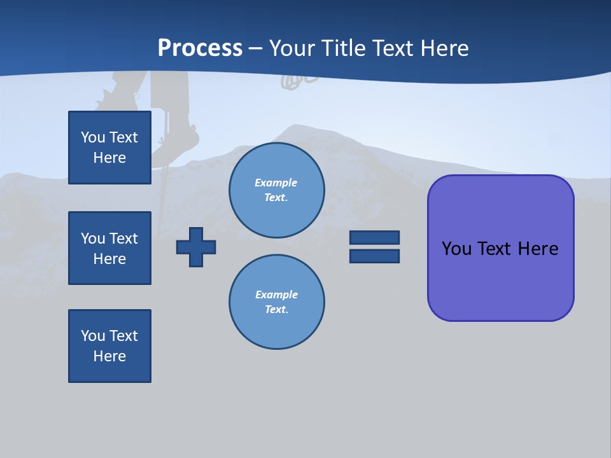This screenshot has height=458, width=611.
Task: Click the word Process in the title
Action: click(200, 48)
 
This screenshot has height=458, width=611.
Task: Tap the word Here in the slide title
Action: click(444, 48)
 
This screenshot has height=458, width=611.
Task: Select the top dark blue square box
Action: click(109, 148)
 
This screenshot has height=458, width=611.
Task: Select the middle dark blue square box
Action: click(109, 248)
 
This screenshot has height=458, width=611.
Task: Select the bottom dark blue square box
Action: click(109, 346)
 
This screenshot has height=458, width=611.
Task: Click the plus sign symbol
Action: click(196, 247)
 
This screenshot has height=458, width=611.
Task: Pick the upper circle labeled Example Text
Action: click(276, 190)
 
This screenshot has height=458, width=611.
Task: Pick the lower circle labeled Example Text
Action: click(276, 302)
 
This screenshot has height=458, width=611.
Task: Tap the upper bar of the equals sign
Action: click(374, 237)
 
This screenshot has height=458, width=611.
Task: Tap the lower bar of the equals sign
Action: click(374, 256)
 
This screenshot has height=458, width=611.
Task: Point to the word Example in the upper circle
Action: click(276, 183)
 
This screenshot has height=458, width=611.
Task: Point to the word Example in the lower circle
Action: click(276, 295)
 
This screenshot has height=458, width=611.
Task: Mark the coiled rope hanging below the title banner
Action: click(299, 80)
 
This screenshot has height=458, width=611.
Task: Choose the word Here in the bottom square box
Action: click(109, 356)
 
